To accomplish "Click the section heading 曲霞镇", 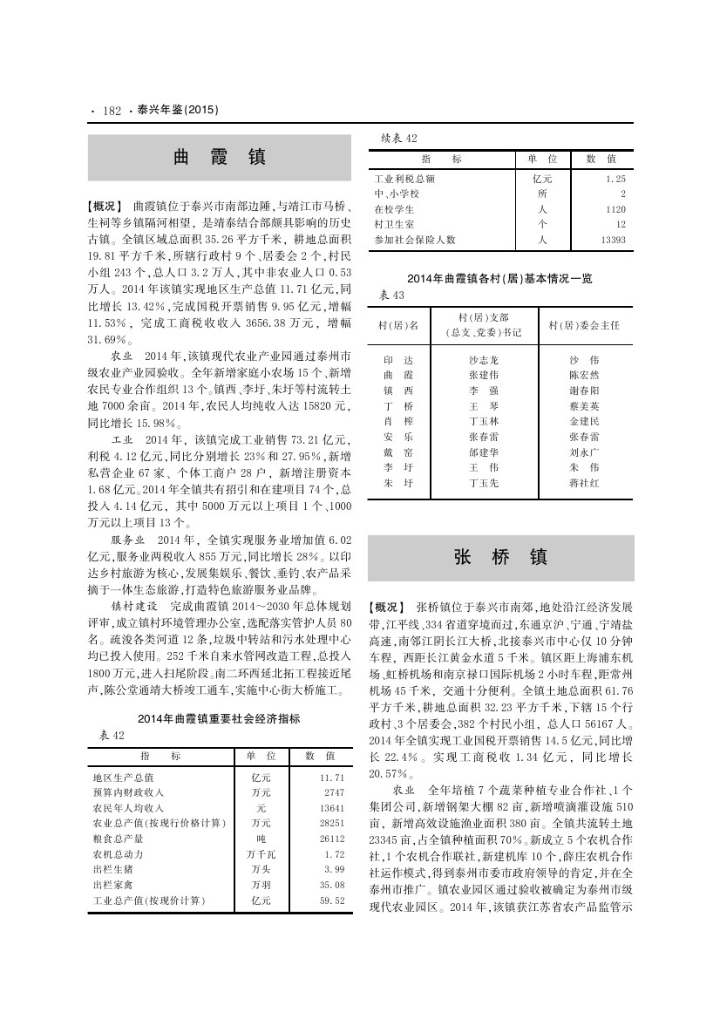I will [219, 158].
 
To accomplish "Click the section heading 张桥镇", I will [500, 558].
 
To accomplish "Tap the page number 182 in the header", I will [111, 111].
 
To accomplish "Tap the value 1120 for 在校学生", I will [615, 209].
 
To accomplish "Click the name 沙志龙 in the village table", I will [484, 360].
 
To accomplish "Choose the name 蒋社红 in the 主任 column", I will [583, 482].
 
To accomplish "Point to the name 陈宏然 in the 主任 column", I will [583, 375].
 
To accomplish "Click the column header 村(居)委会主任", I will [583, 325].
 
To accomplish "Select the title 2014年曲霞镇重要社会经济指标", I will [219, 719].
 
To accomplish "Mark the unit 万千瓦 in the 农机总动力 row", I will [261, 853].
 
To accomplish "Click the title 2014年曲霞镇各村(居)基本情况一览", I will [499, 279].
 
